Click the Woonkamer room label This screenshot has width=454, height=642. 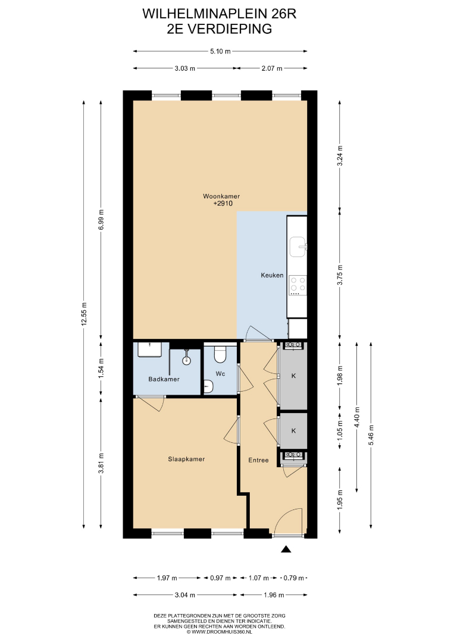[221, 196]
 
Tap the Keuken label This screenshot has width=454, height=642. [272, 275]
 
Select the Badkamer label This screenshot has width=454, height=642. [164, 379]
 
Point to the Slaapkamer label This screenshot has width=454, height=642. [186, 459]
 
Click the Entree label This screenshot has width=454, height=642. [259, 460]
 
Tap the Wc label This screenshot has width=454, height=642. [220, 373]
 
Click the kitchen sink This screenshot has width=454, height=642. [298, 246]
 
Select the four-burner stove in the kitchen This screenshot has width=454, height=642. [298, 285]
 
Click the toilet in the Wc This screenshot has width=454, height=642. [220, 354]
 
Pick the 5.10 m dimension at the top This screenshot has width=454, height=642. [220, 51]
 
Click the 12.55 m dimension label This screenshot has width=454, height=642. [84, 314]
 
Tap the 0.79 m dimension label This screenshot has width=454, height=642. [294, 578]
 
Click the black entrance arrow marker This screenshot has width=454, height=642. [286, 549]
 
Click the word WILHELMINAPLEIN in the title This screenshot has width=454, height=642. [198, 14]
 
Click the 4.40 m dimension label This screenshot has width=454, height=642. [357, 417]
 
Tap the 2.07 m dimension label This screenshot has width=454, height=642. [272, 68]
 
